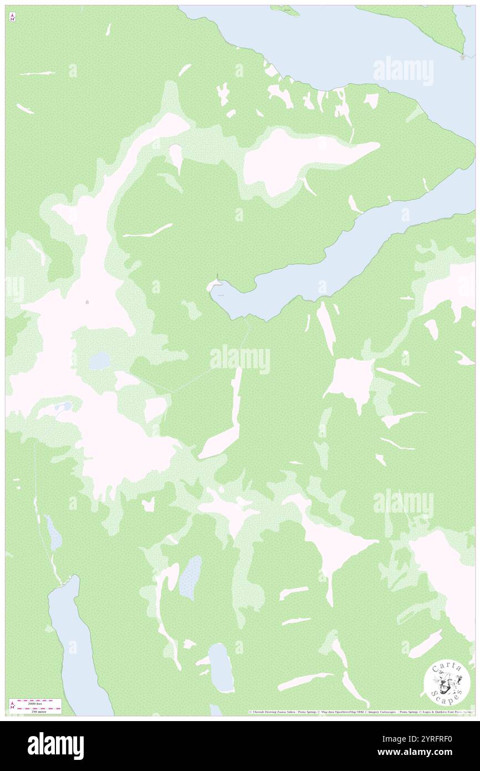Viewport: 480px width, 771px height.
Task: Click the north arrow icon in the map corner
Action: [12, 18]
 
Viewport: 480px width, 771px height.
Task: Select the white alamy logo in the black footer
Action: [55, 745]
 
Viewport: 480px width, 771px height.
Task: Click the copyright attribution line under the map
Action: [360, 712]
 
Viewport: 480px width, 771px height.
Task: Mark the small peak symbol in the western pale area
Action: [88, 302]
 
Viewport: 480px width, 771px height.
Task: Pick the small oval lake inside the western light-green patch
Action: [100, 361]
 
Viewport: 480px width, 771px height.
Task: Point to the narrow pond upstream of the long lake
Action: [53, 533]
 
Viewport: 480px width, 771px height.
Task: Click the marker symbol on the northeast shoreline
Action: [463, 57]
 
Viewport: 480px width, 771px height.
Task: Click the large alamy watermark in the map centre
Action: [239, 359]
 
